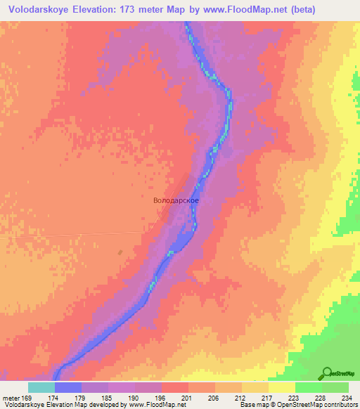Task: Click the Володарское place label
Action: point(176,200)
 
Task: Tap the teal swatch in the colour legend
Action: point(41,387)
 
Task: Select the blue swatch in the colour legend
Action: point(67,387)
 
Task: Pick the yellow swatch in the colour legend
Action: point(281,387)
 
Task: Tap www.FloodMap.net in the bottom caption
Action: point(152,405)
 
